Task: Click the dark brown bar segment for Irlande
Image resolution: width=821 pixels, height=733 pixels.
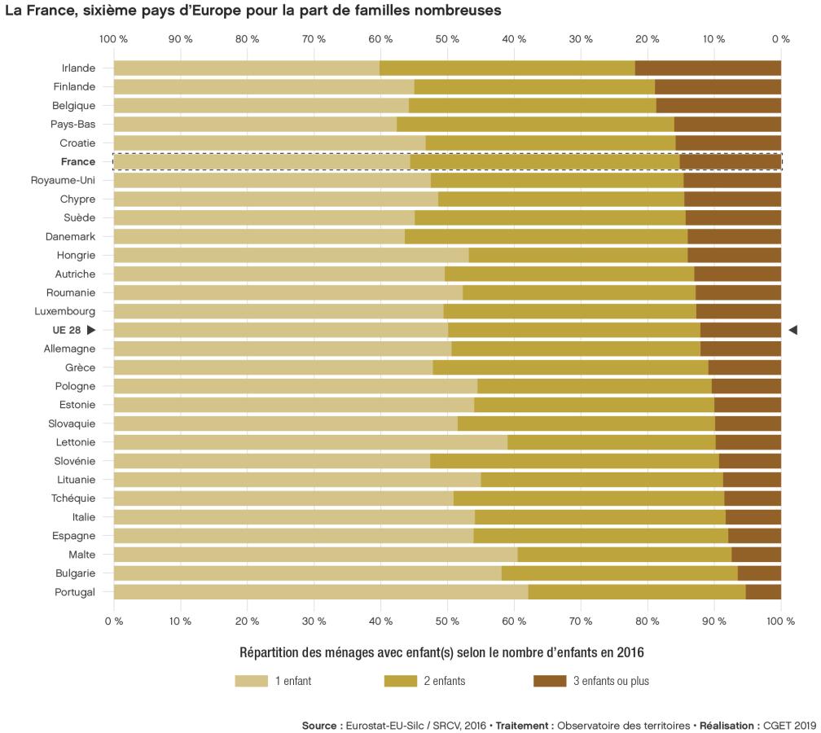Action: (708, 68)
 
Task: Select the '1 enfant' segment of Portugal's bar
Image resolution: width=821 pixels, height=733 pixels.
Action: (320, 592)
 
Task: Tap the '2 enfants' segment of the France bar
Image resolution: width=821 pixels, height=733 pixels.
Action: (544, 161)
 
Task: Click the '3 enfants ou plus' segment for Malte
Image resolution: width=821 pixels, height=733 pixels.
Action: (756, 555)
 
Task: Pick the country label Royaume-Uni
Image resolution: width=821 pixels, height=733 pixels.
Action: (64, 180)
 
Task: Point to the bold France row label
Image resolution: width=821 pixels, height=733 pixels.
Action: (78, 161)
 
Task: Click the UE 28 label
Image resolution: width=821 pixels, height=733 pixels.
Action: (66, 330)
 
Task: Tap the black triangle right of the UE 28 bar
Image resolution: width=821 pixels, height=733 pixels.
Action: (792, 330)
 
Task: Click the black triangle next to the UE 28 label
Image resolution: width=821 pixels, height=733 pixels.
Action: (91, 330)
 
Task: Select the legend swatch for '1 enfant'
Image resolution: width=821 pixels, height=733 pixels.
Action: (251, 681)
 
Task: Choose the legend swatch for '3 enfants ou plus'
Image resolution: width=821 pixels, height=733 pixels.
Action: (550, 681)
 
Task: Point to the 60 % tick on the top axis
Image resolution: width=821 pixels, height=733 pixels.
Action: (380, 39)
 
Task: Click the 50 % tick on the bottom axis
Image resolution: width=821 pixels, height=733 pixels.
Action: (447, 621)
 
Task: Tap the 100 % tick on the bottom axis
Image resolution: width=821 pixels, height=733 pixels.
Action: (779, 621)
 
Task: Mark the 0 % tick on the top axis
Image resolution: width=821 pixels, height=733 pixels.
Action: (780, 39)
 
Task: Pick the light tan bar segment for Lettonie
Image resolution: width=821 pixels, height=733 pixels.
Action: (310, 442)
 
